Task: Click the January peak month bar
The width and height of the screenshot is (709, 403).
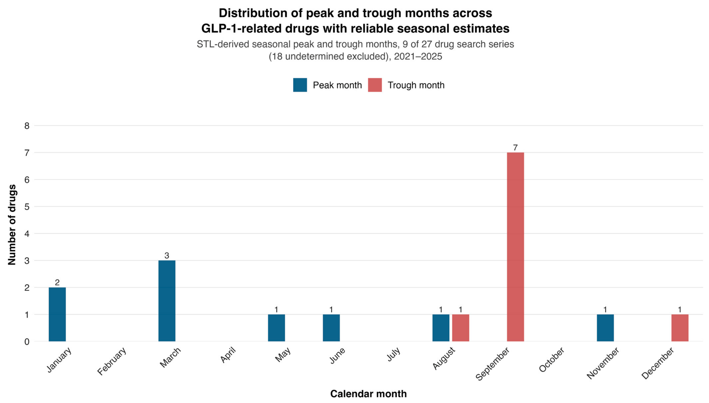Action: point(57,314)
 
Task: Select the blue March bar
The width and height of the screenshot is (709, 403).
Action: point(167,301)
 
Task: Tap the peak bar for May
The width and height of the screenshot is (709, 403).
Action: point(276,328)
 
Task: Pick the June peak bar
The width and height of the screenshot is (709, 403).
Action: point(331,328)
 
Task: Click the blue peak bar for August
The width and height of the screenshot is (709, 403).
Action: point(441,328)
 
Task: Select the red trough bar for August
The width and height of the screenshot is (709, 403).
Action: point(460,328)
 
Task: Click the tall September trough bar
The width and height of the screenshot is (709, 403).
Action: point(515,247)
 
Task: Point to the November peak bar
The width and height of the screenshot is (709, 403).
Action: point(605,328)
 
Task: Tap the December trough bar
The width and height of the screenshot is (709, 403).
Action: point(680,328)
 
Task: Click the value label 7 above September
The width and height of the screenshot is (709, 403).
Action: point(515,147)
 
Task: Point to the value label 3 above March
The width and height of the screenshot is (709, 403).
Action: point(167,256)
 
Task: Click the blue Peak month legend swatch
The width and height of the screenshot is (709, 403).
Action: point(300,85)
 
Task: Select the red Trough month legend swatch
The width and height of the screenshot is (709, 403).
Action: point(375,85)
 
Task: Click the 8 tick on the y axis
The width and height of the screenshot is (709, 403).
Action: point(27,126)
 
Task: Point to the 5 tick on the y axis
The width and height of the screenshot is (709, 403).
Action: point(27,207)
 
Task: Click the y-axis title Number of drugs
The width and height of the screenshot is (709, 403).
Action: point(12,225)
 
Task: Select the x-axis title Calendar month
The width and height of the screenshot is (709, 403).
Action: point(368,394)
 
